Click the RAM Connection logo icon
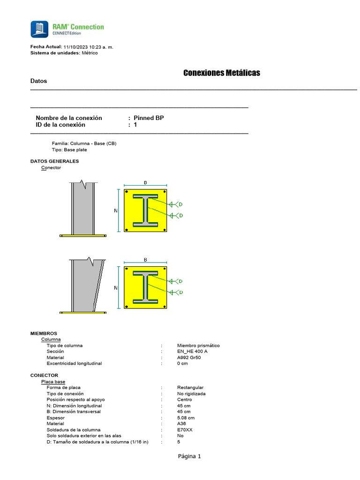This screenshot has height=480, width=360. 39,29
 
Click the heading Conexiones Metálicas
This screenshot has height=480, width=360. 221,73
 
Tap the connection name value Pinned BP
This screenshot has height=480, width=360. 149,118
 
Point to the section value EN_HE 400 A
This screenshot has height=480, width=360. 192,351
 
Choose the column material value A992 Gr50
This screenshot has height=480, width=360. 189,357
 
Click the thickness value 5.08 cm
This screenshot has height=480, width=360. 186,418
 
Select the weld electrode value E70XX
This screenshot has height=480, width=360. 186,430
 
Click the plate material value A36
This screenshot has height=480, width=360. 181,424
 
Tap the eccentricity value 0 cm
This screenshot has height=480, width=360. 182,363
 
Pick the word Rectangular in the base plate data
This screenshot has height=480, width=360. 190,388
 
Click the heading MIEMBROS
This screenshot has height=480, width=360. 44,333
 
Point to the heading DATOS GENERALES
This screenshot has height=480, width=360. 54,161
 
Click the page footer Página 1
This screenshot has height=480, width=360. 189,456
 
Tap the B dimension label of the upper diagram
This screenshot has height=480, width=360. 145,183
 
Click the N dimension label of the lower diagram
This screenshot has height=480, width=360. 116,288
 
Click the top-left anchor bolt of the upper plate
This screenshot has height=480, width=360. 127,192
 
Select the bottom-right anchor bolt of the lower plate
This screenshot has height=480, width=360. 165,307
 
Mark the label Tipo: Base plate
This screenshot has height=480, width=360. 69,150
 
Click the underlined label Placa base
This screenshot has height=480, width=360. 53,382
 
